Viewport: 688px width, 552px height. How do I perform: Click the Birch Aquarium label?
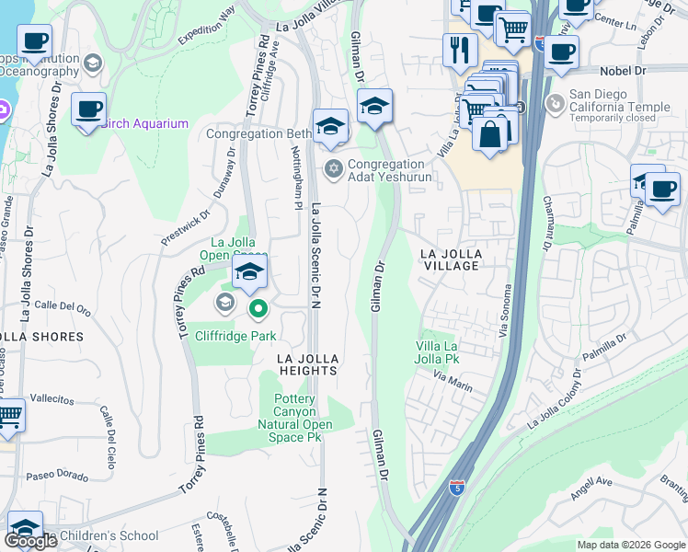145,124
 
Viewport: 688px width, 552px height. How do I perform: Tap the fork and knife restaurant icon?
458,50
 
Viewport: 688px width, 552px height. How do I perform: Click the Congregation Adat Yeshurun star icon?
333,167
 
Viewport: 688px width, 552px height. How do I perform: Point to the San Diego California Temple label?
611,100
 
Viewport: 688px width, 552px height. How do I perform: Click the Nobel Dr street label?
624,70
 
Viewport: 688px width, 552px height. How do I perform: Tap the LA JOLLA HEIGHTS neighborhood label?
309,364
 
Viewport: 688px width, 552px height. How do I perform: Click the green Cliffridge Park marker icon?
259,310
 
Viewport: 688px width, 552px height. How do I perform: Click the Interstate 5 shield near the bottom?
457,488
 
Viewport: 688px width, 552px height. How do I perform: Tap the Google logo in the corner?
30,541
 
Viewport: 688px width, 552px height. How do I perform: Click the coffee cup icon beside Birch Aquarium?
88,109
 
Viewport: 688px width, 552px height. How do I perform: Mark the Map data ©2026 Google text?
630,545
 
